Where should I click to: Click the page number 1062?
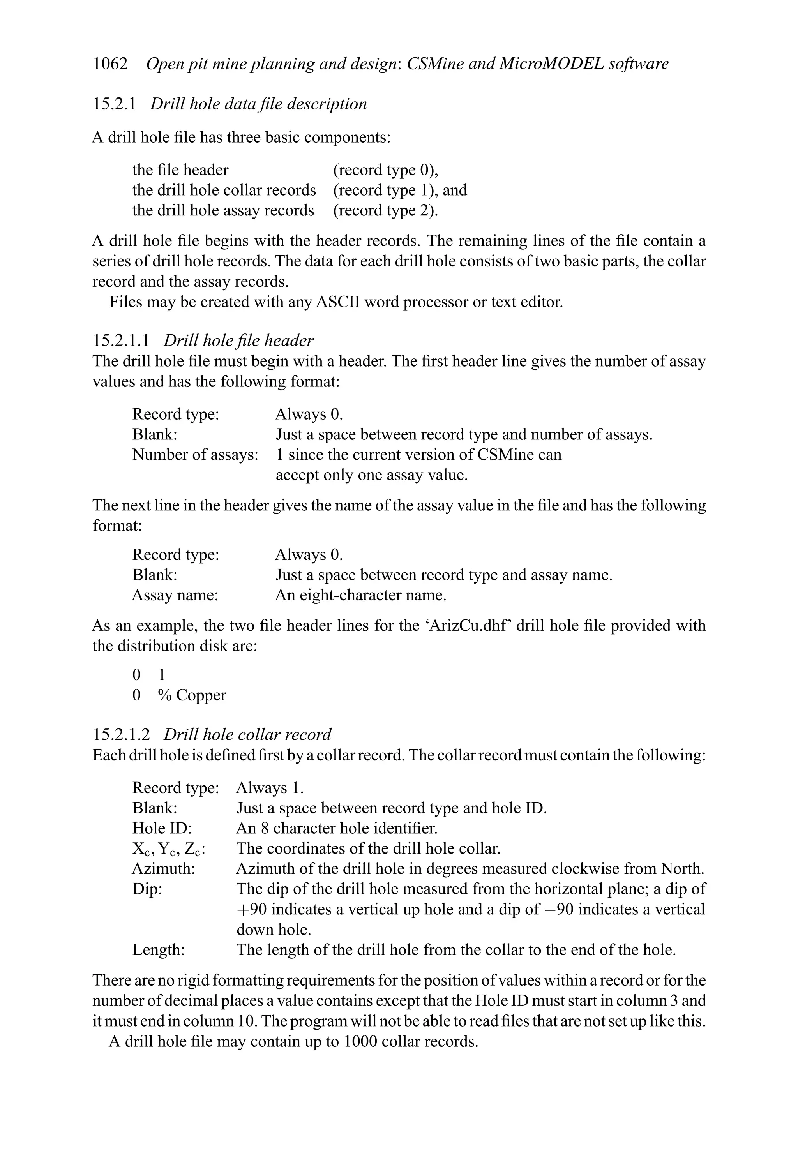110,64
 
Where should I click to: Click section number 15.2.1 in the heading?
114,104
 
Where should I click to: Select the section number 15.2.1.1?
121,340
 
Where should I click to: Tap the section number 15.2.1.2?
121,734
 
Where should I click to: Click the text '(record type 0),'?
385,170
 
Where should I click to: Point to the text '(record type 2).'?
385,210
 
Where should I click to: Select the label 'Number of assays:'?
195,455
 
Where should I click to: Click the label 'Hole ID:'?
162,828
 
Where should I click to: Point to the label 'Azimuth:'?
163,868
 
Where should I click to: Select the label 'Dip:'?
147,889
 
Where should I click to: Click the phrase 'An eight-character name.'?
360,596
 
